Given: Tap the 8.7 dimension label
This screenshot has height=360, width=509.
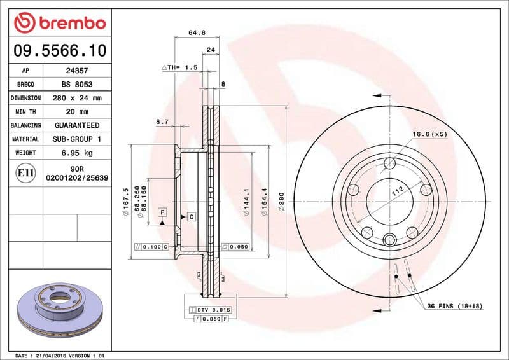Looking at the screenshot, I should (x=162, y=121).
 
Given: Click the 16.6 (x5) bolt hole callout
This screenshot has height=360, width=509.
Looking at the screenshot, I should (x=430, y=134).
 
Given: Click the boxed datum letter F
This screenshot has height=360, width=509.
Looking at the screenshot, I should (x=162, y=211).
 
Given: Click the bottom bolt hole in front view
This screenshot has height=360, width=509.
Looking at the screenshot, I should (x=389, y=239).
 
